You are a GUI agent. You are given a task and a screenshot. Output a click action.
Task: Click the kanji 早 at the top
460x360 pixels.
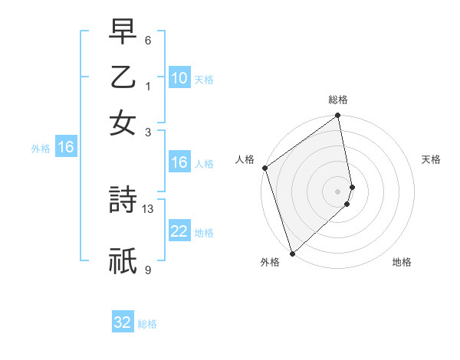tap(123, 33)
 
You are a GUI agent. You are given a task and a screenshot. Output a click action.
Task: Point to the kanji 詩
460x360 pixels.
tap(123, 201)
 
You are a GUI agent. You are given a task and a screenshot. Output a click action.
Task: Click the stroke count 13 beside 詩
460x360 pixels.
tap(148, 208)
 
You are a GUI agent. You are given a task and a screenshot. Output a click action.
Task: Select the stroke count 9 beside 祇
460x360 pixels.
tap(148, 270)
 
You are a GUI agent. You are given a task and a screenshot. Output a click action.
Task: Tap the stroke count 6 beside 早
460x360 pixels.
tap(147, 41)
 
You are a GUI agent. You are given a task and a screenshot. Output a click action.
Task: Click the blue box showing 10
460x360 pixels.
tap(179, 78)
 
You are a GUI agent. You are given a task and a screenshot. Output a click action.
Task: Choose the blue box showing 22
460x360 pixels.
tap(179, 231)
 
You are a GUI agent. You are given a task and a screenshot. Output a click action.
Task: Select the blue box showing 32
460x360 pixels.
tap(123, 322)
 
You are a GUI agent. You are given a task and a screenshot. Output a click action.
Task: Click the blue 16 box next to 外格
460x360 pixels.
tap(66, 148)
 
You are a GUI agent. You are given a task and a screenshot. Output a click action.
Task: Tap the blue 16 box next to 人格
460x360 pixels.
tap(179, 162)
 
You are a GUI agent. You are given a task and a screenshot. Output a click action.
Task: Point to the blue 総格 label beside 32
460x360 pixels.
tap(147, 324)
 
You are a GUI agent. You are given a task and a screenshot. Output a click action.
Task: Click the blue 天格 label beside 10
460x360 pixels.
tap(204, 80)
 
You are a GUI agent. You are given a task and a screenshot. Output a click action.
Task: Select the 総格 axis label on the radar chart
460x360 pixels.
tap(337, 100)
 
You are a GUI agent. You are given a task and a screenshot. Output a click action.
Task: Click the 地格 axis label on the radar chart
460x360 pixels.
tap(402, 262)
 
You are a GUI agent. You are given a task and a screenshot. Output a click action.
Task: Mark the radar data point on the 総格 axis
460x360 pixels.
tap(337, 116)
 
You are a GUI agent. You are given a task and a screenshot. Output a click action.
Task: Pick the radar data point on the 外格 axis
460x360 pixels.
tap(292, 252)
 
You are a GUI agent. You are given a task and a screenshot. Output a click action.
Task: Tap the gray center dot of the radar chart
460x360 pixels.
tap(337, 191)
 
